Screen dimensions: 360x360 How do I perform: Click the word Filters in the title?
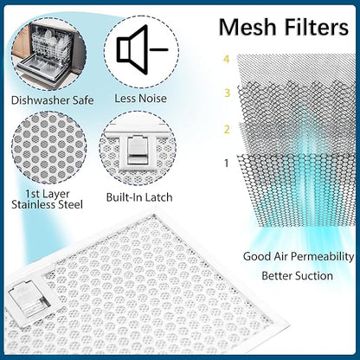click(317, 28)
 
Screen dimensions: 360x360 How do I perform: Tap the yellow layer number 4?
click(227, 59)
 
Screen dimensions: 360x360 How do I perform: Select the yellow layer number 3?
click(227, 93)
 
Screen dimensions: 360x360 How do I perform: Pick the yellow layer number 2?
click(227, 129)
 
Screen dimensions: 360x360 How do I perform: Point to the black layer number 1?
click(227, 164)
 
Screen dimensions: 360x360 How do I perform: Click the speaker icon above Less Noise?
click(132, 49)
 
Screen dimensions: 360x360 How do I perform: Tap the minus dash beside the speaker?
click(159, 49)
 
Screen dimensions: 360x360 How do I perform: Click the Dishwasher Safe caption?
click(53, 100)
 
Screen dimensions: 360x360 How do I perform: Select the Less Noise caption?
click(140, 99)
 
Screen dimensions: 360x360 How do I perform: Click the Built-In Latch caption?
click(139, 197)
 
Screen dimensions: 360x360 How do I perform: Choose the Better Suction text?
click(297, 276)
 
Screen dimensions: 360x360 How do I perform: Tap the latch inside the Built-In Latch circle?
click(138, 151)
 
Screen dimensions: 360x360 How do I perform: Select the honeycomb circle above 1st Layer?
click(49, 148)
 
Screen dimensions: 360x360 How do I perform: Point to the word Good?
click(253, 256)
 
